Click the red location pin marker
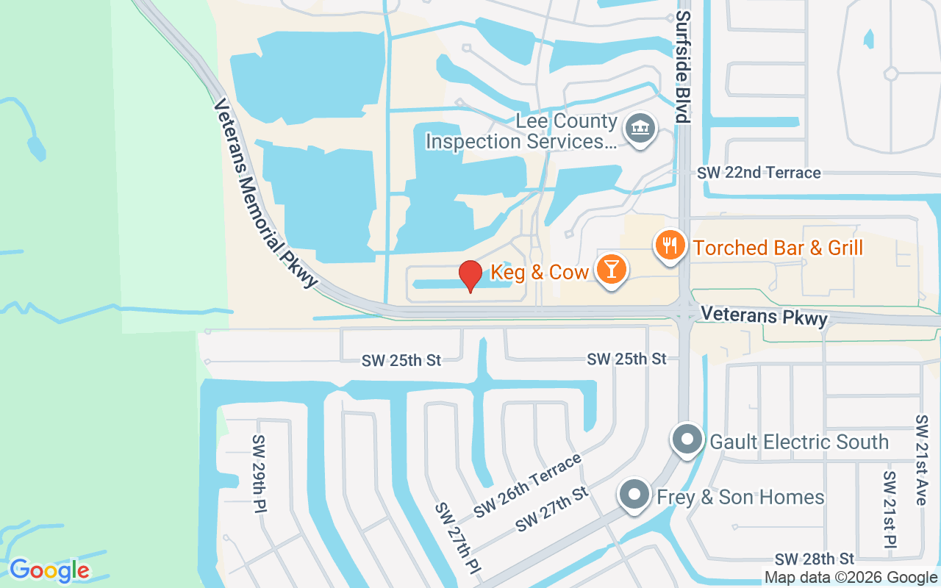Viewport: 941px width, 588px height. (x=470, y=276)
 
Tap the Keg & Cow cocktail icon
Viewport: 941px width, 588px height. (x=611, y=268)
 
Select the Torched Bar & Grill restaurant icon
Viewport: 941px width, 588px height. (x=670, y=244)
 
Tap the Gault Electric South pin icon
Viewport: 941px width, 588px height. (x=687, y=439)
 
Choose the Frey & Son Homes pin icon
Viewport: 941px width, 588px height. (x=634, y=495)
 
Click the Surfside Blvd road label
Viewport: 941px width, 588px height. (x=683, y=66)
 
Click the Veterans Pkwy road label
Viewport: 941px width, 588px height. (x=764, y=317)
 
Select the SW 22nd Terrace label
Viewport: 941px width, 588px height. (x=759, y=173)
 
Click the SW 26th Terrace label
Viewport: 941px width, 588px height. (x=528, y=485)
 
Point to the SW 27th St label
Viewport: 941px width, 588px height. (x=553, y=509)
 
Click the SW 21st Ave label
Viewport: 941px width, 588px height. (x=921, y=459)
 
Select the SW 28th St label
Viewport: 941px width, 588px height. (x=815, y=559)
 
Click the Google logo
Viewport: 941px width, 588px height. (x=49, y=570)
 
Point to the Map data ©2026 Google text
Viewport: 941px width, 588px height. (x=851, y=578)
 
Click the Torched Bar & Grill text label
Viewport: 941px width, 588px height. (x=778, y=248)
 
